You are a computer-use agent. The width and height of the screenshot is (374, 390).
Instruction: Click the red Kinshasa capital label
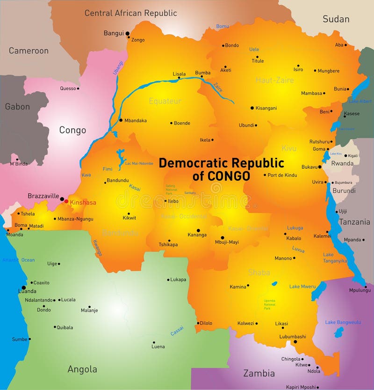(83, 202)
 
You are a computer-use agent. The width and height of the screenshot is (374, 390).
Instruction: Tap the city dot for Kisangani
(252, 108)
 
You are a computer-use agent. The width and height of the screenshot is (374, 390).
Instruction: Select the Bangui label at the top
(114, 33)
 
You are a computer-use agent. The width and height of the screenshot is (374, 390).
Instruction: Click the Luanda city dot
(24, 288)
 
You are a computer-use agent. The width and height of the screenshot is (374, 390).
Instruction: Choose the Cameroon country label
(29, 51)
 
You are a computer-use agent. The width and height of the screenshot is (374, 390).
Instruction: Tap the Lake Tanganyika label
(335, 258)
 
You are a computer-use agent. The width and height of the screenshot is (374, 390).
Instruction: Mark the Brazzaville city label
(43, 196)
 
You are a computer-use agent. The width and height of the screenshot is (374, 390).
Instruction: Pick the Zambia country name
(259, 373)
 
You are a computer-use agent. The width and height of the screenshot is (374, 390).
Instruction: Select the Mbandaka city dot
(121, 120)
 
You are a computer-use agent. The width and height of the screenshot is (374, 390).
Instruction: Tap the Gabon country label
(17, 107)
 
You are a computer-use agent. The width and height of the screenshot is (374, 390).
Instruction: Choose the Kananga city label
(197, 235)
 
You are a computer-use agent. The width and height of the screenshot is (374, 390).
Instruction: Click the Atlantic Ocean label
(18, 260)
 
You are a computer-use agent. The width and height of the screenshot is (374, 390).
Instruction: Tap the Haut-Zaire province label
(274, 80)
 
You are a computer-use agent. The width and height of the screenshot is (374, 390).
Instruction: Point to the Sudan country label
(336, 19)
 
